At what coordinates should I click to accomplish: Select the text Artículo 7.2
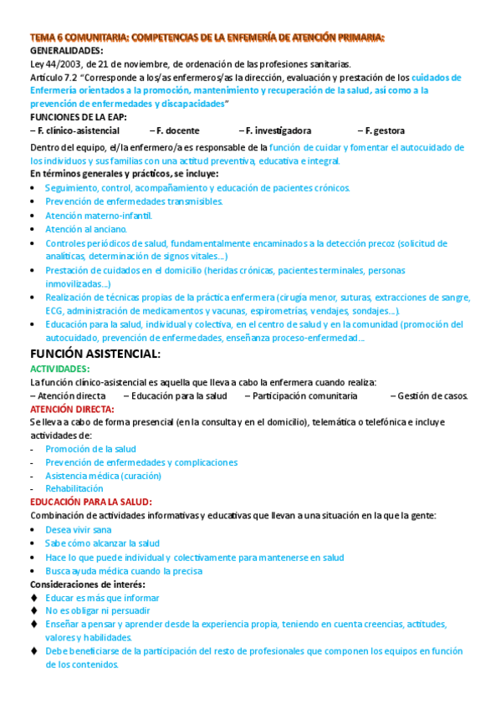[x=55, y=77]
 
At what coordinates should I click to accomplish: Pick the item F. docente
[x=176, y=130]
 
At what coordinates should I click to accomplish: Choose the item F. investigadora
[x=275, y=130]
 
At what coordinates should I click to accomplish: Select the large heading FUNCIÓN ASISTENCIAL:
[x=95, y=354]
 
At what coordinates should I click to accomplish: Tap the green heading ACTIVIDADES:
[x=60, y=369]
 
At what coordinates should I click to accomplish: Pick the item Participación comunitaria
[x=300, y=395]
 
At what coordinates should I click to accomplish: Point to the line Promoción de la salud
[x=90, y=449]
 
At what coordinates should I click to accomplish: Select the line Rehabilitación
[x=74, y=488]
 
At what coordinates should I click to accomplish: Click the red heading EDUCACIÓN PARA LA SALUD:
[x=91, y=502]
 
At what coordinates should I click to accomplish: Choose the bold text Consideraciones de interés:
[x=87, y=584]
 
